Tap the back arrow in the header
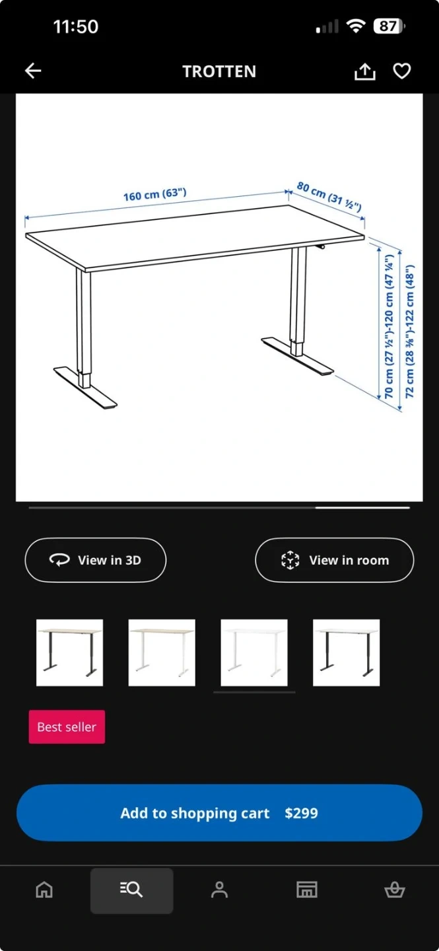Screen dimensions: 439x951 [33, 71]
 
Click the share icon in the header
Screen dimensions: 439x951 [364, 71]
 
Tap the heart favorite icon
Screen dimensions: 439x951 [401, 71]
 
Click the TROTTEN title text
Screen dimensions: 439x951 [219, 71]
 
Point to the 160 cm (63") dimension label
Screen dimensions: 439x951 [155, 194]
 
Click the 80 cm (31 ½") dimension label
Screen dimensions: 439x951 [329, 196]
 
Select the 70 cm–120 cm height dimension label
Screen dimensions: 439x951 [389, 326]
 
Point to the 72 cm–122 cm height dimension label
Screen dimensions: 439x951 [409, 332]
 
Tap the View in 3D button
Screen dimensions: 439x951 [96, 560]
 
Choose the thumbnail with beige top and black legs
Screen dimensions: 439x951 [69, 652]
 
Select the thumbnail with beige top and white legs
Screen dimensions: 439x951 [162, 652]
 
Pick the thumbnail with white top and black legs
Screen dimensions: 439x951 [346, 652]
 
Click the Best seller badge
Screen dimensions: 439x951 [67, 727]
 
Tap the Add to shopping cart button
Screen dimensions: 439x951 [219, 812]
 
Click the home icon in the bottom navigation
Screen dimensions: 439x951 [44, 890]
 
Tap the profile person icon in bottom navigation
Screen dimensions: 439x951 [219, 890]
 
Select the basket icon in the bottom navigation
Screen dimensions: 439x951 [394, 890]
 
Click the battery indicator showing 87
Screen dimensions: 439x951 [389, 26]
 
